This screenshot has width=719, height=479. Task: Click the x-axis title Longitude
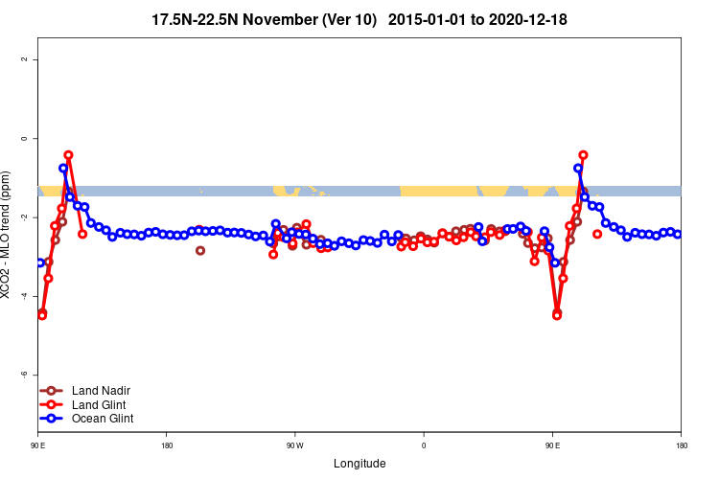pos(359,463)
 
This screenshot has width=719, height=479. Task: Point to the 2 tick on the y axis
pos(23,59)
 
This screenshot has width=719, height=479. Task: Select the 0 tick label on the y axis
pos(23,138)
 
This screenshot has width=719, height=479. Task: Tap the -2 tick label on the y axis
pos(23,217)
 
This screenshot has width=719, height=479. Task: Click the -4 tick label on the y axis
pos(23,296)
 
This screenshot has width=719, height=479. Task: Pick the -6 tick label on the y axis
pos(23,375)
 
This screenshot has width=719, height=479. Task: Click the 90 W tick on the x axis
pos(294,445)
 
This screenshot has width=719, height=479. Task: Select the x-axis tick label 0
pos(424,445)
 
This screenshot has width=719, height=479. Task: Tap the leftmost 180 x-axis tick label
pos(167,445)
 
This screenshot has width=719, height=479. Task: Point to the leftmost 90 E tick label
pos(38,445)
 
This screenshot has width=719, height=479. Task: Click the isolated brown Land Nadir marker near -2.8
pos(200,250)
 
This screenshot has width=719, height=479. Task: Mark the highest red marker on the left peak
pos(68,154)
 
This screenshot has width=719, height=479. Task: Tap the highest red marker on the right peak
pos(583,154)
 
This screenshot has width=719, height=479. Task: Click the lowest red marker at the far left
pos(42,314)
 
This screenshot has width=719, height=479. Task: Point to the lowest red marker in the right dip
pos(557,314)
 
